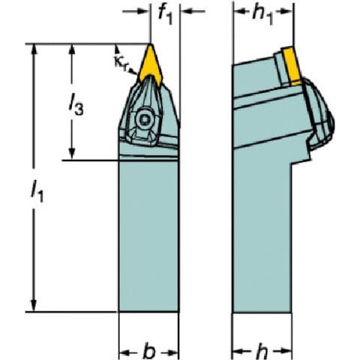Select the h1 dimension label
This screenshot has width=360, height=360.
pyautogui.click(x=262, y=16)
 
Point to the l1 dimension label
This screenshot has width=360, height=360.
pyautogui.click(x=37, y=191)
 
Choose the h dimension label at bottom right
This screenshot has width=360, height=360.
pyautogui.click(x=262, y=352)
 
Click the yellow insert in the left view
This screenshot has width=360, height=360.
pyautogui.click(x=151, y=64)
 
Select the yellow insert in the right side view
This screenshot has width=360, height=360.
pyautogui.click(x=292, y=65)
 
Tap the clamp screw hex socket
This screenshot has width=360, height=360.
pyautogui.click(x=144, y=119)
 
